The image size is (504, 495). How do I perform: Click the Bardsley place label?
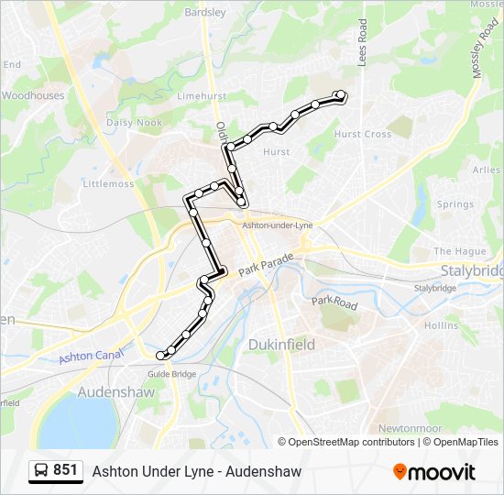tap(205, 13)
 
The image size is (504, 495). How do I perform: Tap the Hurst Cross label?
tap(362, 134)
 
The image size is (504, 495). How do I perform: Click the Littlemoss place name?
tap(108, 183)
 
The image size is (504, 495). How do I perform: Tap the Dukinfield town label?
tap(280, 344)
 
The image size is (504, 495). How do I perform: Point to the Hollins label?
tap(441, 325)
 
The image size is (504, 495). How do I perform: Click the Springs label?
tap(455, 204)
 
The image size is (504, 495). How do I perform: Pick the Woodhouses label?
tap(33, 95)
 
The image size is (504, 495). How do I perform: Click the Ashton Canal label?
tap(90, 349)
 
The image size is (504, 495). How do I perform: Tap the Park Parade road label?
tap(267, 267)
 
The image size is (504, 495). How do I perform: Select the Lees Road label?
tap(363, 43)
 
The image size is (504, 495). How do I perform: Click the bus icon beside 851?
tap(41, 471)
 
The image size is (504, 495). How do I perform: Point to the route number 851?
tap(65, 470)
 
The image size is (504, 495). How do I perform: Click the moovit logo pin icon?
tap(400, 472)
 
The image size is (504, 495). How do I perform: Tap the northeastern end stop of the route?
tap(341, 94)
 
